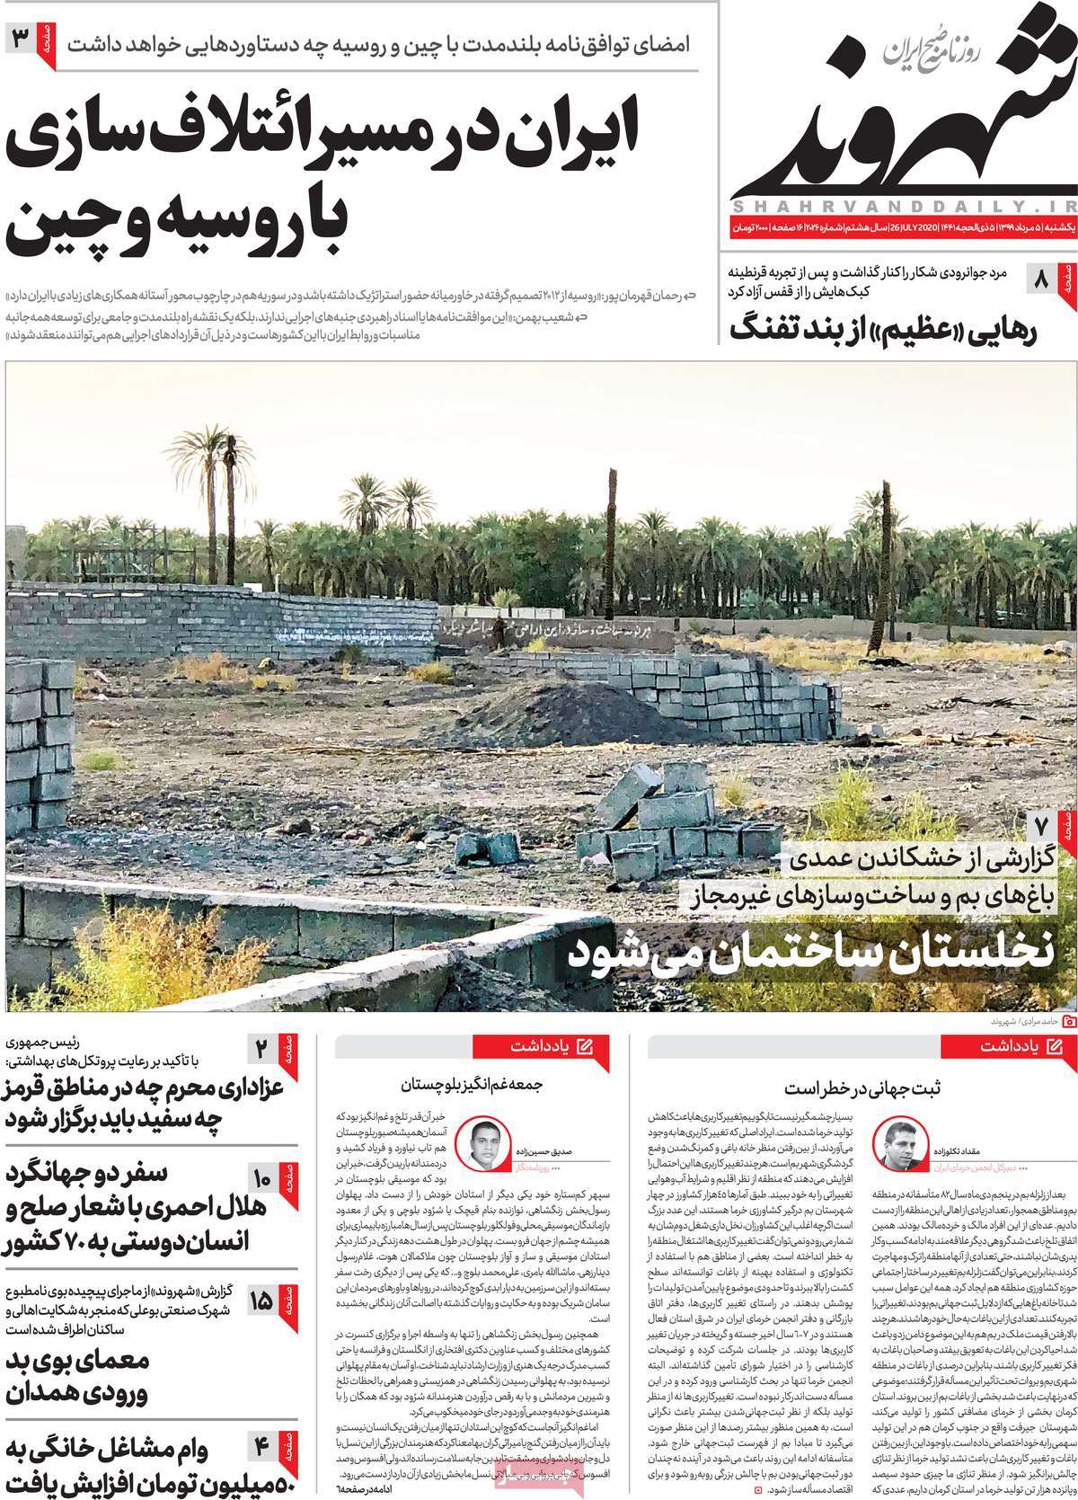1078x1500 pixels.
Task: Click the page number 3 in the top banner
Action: pyautogui.click(x=21, y=40)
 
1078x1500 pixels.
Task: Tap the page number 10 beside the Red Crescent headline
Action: pyautogui.click(x=262, y=1178)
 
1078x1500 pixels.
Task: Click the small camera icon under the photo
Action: pyautogui.click(x=1068, y=1022)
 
